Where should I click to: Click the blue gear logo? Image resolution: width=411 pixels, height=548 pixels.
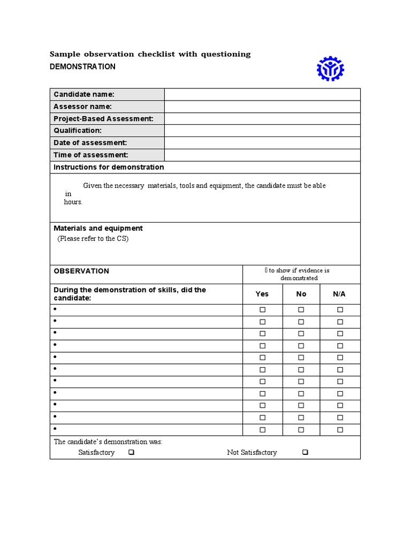[x=330, y=68]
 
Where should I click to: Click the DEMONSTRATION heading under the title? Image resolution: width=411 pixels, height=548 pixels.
[x=82, y=67]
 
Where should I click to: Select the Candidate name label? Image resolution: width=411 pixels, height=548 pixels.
[x=84, y=95]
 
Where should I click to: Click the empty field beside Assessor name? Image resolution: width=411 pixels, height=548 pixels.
[x=262, y=106]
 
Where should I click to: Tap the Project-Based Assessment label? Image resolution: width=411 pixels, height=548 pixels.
[x=103, y=119]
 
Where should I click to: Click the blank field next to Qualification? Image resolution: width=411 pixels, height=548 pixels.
[x=262, y=131]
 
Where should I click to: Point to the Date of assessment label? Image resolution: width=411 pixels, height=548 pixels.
[x=90, y=143]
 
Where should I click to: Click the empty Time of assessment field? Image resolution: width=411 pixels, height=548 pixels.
[x=262, y=155]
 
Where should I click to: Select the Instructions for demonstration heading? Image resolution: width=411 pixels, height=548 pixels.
[x=109, y=168]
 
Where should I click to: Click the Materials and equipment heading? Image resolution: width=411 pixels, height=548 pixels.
[x=98, y=229]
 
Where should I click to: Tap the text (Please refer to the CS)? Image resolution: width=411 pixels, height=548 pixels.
[x=93, y=239]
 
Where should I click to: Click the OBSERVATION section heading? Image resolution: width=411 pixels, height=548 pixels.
[x=81, y=271]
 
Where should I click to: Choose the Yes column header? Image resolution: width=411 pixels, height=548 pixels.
[x=262, y=294]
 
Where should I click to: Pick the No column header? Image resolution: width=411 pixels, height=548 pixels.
[x=301, y=294]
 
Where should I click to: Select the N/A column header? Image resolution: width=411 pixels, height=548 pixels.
[x=339, y=294]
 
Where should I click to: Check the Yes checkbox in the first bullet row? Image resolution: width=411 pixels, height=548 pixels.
[x=262, y=310]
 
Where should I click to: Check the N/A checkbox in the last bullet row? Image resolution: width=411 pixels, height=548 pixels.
[x=340, y=430]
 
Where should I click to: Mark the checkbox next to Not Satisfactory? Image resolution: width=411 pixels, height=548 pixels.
[x=305, y=453]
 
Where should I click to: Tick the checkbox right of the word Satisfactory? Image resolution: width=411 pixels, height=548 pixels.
[x=131, y=453]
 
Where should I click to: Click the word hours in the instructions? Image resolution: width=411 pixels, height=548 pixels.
[x=73, y=202]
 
